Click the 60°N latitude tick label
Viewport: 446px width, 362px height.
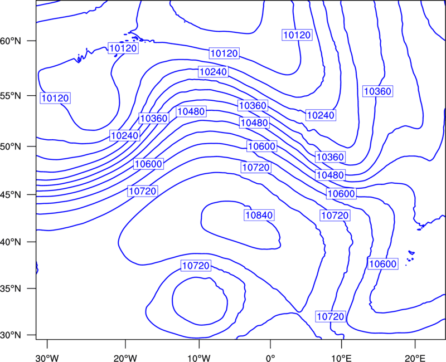[x=11, y=41]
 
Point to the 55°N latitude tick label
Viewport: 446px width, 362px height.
[x=11, y=96]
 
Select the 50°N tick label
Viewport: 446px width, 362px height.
[x=11, y=146]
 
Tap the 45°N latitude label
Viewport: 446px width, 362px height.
[x=11, y=195]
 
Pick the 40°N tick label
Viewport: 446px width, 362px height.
[x=11, y=242]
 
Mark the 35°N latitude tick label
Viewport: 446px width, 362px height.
[x=11, y=288]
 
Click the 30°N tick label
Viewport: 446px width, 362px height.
[x=11, y=335]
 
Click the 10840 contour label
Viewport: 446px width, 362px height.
[x=259, y=215]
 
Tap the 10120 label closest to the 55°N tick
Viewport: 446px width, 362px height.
[x=55, y=98]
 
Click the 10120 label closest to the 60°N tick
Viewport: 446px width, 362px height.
[x=123, y=48]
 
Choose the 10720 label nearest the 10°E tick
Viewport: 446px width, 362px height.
[x=330, y=316]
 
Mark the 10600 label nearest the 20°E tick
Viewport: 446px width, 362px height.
[x=382, y=264]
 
